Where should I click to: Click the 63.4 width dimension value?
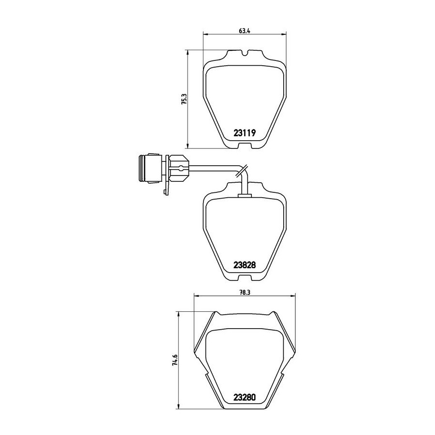pyautogui.click(x=245, y=31)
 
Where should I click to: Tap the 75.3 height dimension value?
pyautogui.click(x=185, y=99)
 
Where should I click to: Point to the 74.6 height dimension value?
pyautogui.click(x=175, y=361)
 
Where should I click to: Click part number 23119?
pyautogui.click(x=245, y=133)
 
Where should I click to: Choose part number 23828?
pyautogui.click(x=245, y=265)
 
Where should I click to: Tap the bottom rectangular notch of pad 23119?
pyautogui.click(x=245, y=145)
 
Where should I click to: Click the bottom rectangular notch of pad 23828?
pyautogui.click(x=245, y=278)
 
